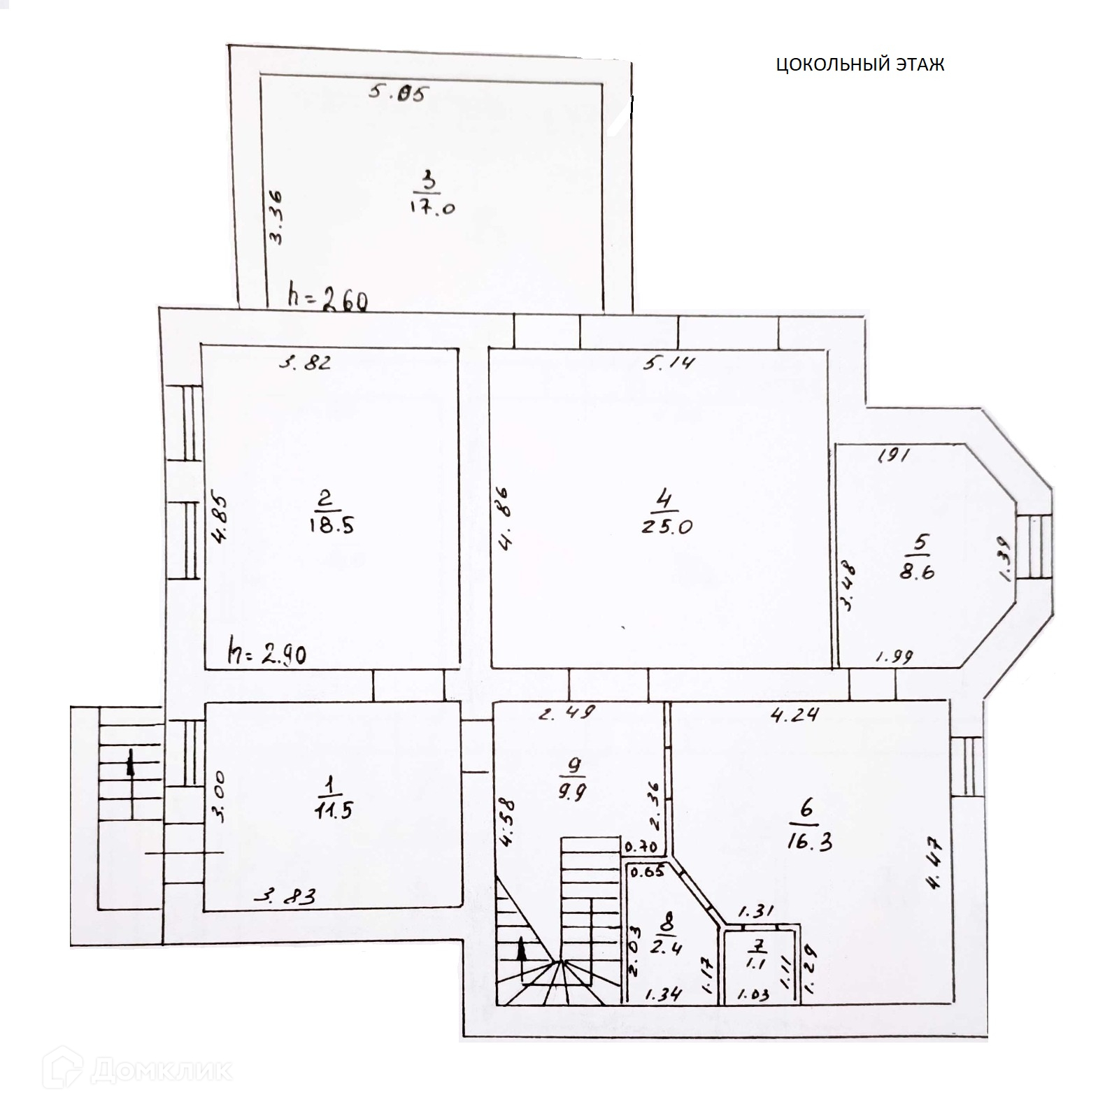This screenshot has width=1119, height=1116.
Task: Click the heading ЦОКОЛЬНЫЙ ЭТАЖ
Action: [860, 65]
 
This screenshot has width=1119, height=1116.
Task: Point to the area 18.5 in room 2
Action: [330, 525]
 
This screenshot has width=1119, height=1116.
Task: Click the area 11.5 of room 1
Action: [333, 810]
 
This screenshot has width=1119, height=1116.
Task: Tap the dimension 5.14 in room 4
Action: [669, 362]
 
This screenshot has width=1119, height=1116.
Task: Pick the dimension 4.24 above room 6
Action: [794, 715]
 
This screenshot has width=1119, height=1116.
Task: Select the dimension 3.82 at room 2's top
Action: [304, 362]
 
